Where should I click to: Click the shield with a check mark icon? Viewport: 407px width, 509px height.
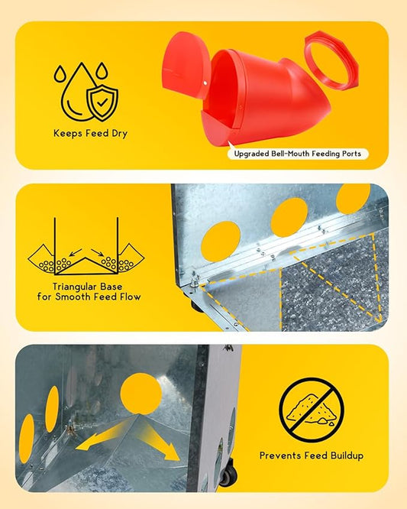point(102,103)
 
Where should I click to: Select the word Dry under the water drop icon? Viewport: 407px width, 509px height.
point(119,134)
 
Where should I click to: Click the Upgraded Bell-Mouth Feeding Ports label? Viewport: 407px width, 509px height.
point(298,154)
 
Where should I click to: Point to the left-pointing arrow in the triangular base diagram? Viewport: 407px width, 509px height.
point(76,252)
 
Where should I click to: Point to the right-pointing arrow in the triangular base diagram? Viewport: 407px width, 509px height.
point(97,252)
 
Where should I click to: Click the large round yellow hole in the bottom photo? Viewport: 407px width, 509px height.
point(141,394)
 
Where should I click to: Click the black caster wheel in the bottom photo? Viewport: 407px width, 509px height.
point(228,475)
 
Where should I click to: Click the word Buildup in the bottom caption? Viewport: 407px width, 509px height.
point(347,456)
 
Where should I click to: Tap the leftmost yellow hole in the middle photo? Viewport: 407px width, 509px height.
point(221,242)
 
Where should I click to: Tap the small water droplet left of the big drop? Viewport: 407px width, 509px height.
point(60,74)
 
